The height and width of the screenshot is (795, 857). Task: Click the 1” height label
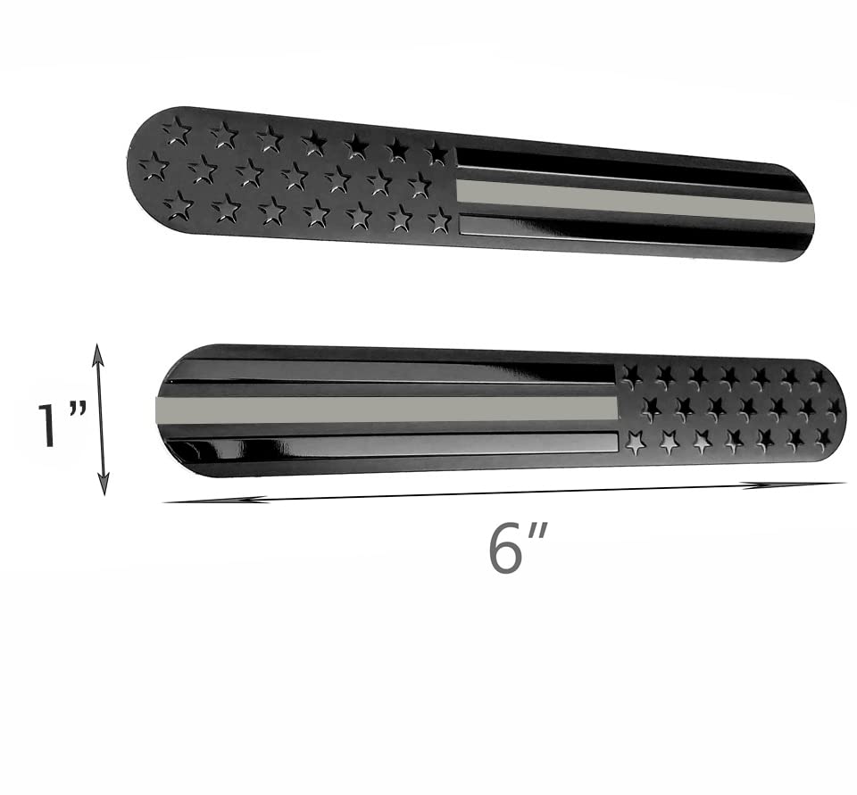[61, 425]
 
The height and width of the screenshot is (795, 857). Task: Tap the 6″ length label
[516, 547]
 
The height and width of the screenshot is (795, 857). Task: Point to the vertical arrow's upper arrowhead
[98, 353]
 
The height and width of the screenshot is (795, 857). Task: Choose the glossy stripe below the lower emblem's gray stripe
[393, 443]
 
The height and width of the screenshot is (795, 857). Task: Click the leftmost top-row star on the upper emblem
[177, 131]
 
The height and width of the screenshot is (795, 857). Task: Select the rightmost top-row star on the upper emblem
[437, 153]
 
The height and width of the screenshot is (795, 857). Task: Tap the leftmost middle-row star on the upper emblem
[154, 166]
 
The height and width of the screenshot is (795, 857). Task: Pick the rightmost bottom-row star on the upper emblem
[439, 219]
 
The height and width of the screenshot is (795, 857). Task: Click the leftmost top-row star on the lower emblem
[632, 375]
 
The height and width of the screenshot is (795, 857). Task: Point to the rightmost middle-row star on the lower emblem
[833, 409]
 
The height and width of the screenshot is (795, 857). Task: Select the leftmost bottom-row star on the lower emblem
[636, 442]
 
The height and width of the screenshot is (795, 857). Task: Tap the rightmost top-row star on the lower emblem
[818, 377]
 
